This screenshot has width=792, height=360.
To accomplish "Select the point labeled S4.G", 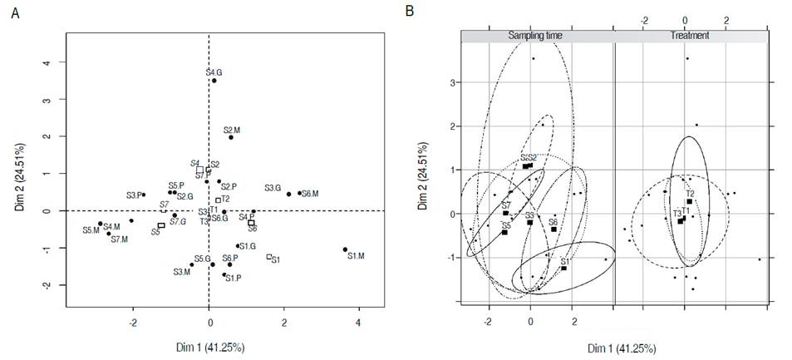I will coord(214,81).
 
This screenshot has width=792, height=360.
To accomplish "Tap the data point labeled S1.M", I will coord(345,249).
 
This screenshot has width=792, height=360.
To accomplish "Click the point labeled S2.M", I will coord(231,137).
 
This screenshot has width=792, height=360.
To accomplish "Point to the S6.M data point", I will coord(300,193).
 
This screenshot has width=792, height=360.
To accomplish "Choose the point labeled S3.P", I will coord(144,195).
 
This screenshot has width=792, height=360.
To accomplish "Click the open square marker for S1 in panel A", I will coord(269,257).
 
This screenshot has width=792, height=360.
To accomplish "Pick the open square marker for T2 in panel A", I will coord(218,200).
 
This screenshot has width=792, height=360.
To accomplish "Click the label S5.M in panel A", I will coord(91,230).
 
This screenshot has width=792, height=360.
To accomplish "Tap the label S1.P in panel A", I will coord(233,279).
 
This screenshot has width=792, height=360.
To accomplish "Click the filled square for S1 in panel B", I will coord(563,269).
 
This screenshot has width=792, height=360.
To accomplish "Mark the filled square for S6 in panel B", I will coord(553,229).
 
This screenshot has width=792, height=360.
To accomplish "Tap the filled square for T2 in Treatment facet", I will coord(690,201).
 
